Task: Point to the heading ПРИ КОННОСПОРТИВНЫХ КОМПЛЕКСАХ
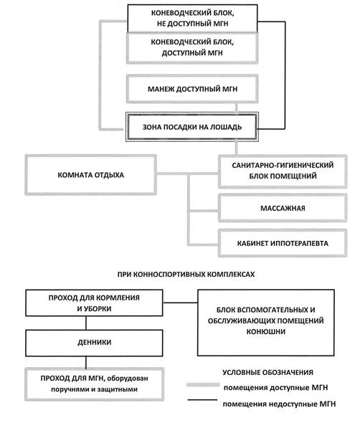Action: pyautogui.click(x=186, y=275)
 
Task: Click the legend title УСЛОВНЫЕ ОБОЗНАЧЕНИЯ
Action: pyautogui.click(x=267, y=373)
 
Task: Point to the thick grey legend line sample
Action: pyautogui.click(x=203, y=385)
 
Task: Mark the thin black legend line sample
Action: pyautogui.click(x=202, y=400)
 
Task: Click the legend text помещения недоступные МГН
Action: pyautogui.click(x=279, y=404)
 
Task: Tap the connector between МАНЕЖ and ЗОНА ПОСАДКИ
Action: pyautogui.click(x=237, y=108)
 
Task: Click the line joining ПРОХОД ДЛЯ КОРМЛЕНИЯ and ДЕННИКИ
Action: pyautogui.click(x=86, y=323)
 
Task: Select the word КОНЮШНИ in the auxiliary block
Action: pyautogui.click(x=266, y=331)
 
